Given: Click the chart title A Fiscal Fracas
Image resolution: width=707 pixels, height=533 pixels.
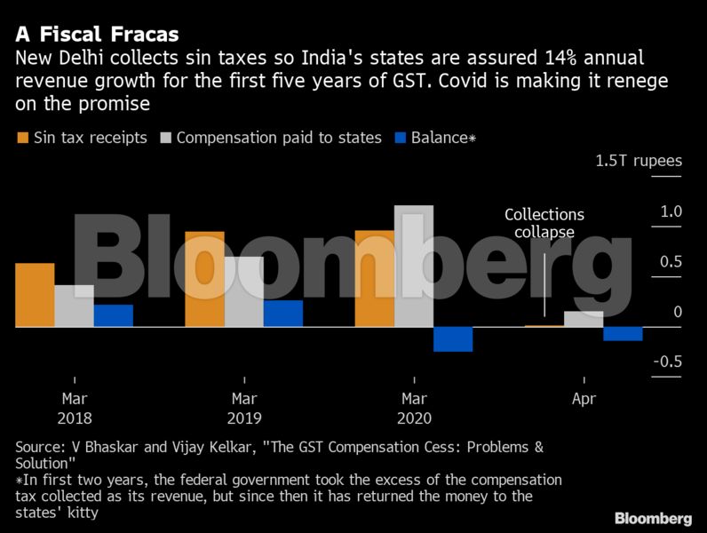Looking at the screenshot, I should [x=97, y=35].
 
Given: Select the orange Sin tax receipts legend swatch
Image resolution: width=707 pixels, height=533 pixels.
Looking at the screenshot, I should [x=21, y=138].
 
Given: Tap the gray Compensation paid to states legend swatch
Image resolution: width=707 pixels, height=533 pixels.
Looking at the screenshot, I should [x=165, y=138].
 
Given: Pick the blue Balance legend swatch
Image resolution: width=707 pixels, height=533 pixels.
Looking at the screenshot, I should [x=400, y=138].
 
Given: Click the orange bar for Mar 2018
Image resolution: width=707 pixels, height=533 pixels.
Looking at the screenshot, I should [x=35, y=295].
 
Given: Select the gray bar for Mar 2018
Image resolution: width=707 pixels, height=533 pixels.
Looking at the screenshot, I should [x=74, y=306].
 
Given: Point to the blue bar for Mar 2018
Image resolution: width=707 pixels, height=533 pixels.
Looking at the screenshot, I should [x=113, y=316].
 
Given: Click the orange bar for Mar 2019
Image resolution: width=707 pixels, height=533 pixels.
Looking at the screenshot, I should [x=204, y=279].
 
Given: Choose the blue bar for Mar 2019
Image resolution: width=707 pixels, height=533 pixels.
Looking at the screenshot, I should [x=282, y=314].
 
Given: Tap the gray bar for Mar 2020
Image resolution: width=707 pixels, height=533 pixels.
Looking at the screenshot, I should [x=413, y=266].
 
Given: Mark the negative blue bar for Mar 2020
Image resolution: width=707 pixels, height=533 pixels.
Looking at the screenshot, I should [x=452, y=338].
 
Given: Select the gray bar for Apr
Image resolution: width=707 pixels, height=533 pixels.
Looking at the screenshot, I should [x=583, y=319].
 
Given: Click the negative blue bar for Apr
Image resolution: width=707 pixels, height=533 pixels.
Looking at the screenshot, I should [x=622, y=334].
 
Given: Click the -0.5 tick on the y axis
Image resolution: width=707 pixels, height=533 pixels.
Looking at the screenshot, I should [x=666, y=362].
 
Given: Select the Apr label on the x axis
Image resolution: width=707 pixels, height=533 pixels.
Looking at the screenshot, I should [x=583, y=399].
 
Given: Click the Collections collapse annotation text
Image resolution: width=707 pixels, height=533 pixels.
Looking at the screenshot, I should [x=544, y=223].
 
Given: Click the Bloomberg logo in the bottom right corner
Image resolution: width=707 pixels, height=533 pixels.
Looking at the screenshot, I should [x=653, y=518].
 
